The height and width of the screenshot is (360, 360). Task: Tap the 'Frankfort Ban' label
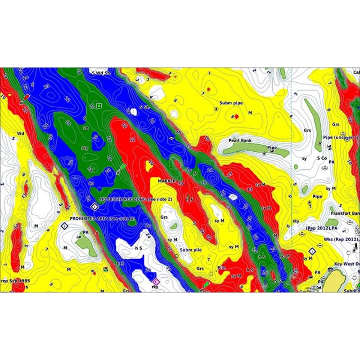click(x=345, y=213)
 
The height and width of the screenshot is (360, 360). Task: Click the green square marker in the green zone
click(x=99, y=106)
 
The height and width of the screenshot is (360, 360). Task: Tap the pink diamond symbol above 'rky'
click(x=156, y=281)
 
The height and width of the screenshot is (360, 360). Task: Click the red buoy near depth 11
click(x=25, y=98)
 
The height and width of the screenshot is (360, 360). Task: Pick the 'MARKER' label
click(x=166, y=180)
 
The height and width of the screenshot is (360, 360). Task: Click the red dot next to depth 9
click(x=237, y=116)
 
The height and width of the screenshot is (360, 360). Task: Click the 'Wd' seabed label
click(x=20, y=134)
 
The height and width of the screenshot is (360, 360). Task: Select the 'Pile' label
click(x=221, y=267)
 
